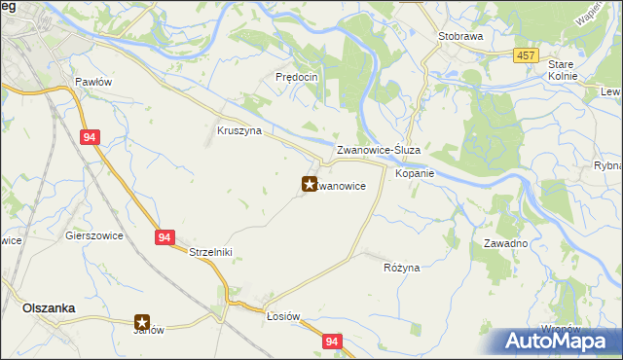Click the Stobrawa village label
click(x=460, y=35)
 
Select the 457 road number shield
click(x=527, y=55)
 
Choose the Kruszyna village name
click(x=239, y=130)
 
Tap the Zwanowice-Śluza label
click(x=378, y=151)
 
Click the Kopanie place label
click(x=414, y=173)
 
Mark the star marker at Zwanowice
click(x=310, y=183)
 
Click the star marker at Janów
click(x=142, y=322)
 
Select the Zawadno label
click(x=505, y=243)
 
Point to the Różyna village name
click(x=401, y=267)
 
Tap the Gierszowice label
click(x=92, y=235)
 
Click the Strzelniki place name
click(x=210, y=251)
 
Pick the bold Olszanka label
click(x=49, y=307)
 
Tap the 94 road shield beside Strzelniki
click(x=163, y=236)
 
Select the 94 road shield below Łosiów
click(x=333, y=342)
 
